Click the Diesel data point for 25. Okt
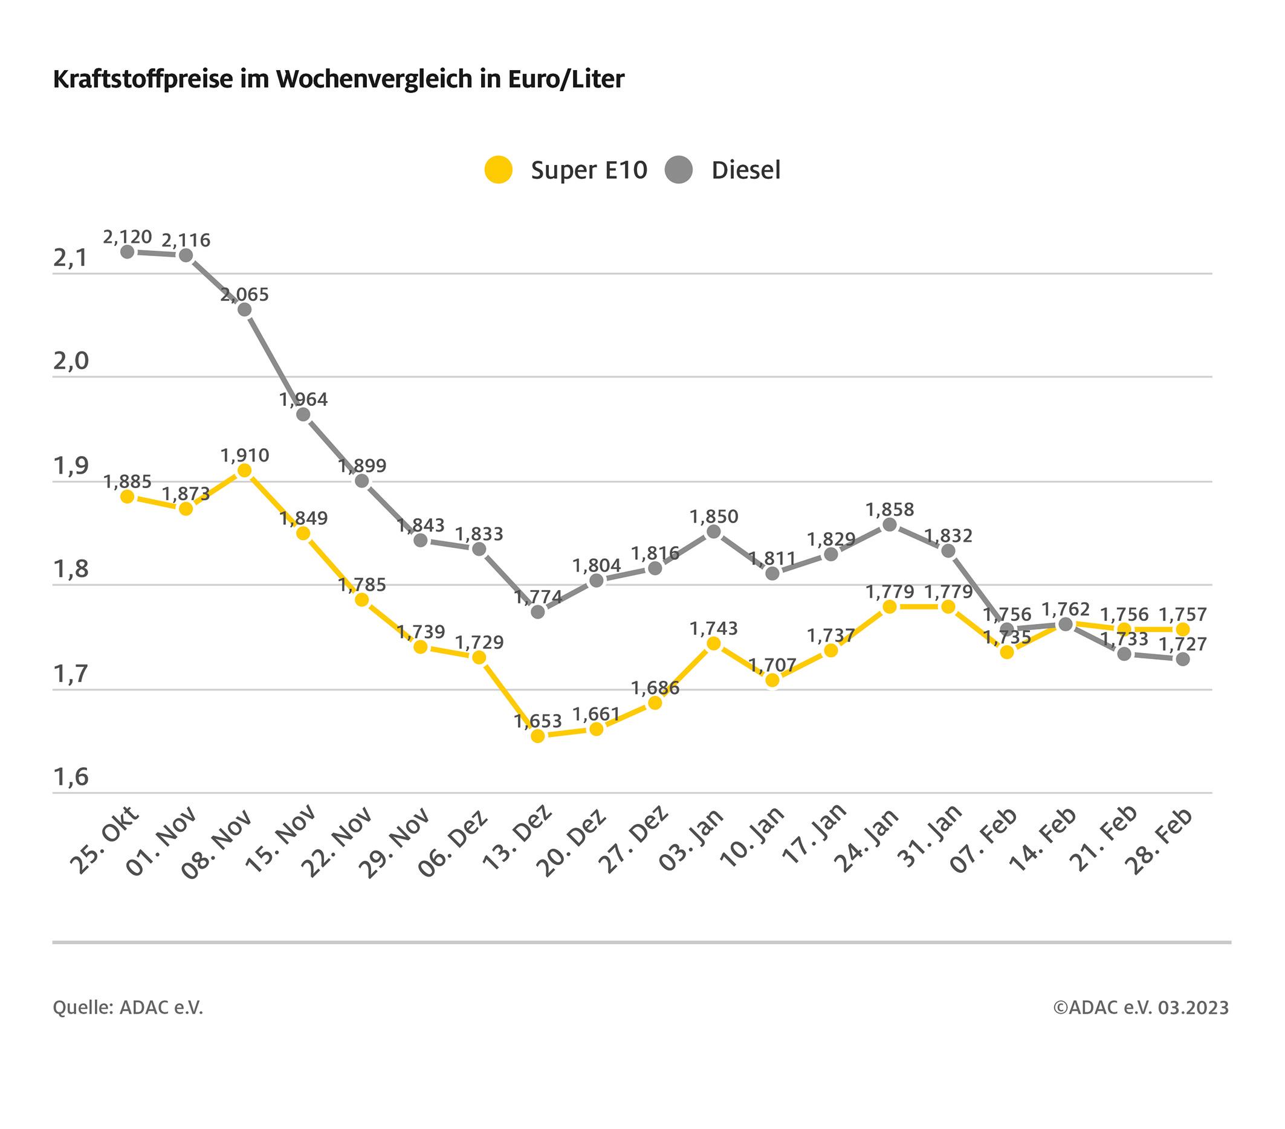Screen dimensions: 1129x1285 point(128,252)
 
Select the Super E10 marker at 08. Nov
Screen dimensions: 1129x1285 point(245,471)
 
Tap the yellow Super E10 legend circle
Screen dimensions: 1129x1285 point(499,170)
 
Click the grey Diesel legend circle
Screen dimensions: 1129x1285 point(679,170)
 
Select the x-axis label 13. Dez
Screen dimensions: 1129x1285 point(517,840)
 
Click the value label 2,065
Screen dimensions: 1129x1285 point(245,295)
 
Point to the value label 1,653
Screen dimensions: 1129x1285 point(537,722)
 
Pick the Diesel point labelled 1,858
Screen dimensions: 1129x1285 point(890,524)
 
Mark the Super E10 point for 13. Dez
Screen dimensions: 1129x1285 point(537,736)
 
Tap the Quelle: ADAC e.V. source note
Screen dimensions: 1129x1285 point(128,1008)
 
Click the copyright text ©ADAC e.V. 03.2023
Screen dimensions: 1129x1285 point(1141,1008)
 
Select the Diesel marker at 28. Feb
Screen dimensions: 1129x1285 point(1182,659)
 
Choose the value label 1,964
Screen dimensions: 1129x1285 point(303,399)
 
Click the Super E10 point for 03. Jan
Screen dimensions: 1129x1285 point(714,643)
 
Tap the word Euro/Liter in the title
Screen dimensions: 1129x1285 point(562,80)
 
